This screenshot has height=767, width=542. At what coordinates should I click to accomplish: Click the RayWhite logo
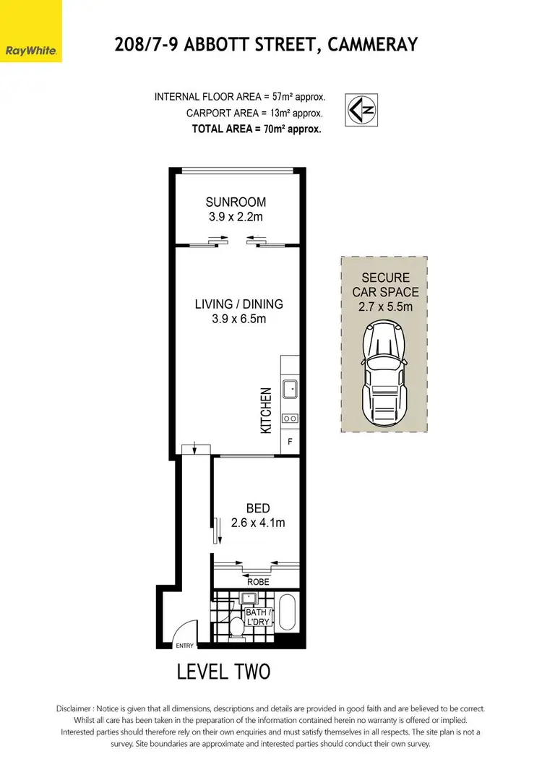(x=31, y=51)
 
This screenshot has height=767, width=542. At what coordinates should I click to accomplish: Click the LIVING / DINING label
(x=238, y=304)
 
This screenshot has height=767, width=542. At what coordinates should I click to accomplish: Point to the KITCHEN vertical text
(x=266, y=410)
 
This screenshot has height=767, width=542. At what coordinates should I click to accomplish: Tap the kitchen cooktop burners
(x=290, y=418)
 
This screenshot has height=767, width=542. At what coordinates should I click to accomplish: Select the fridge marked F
(x=290, y=440)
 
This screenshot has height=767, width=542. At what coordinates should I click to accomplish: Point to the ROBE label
(x=257, y=581)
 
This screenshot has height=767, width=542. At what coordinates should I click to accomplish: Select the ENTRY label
(x=185, y=646)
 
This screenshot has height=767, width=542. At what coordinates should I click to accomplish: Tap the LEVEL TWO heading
(x=223, y=672)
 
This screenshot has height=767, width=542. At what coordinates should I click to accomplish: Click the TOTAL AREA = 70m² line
(x=256, y=129)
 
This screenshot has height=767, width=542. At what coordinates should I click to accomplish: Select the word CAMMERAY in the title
(x=372, y=45)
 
